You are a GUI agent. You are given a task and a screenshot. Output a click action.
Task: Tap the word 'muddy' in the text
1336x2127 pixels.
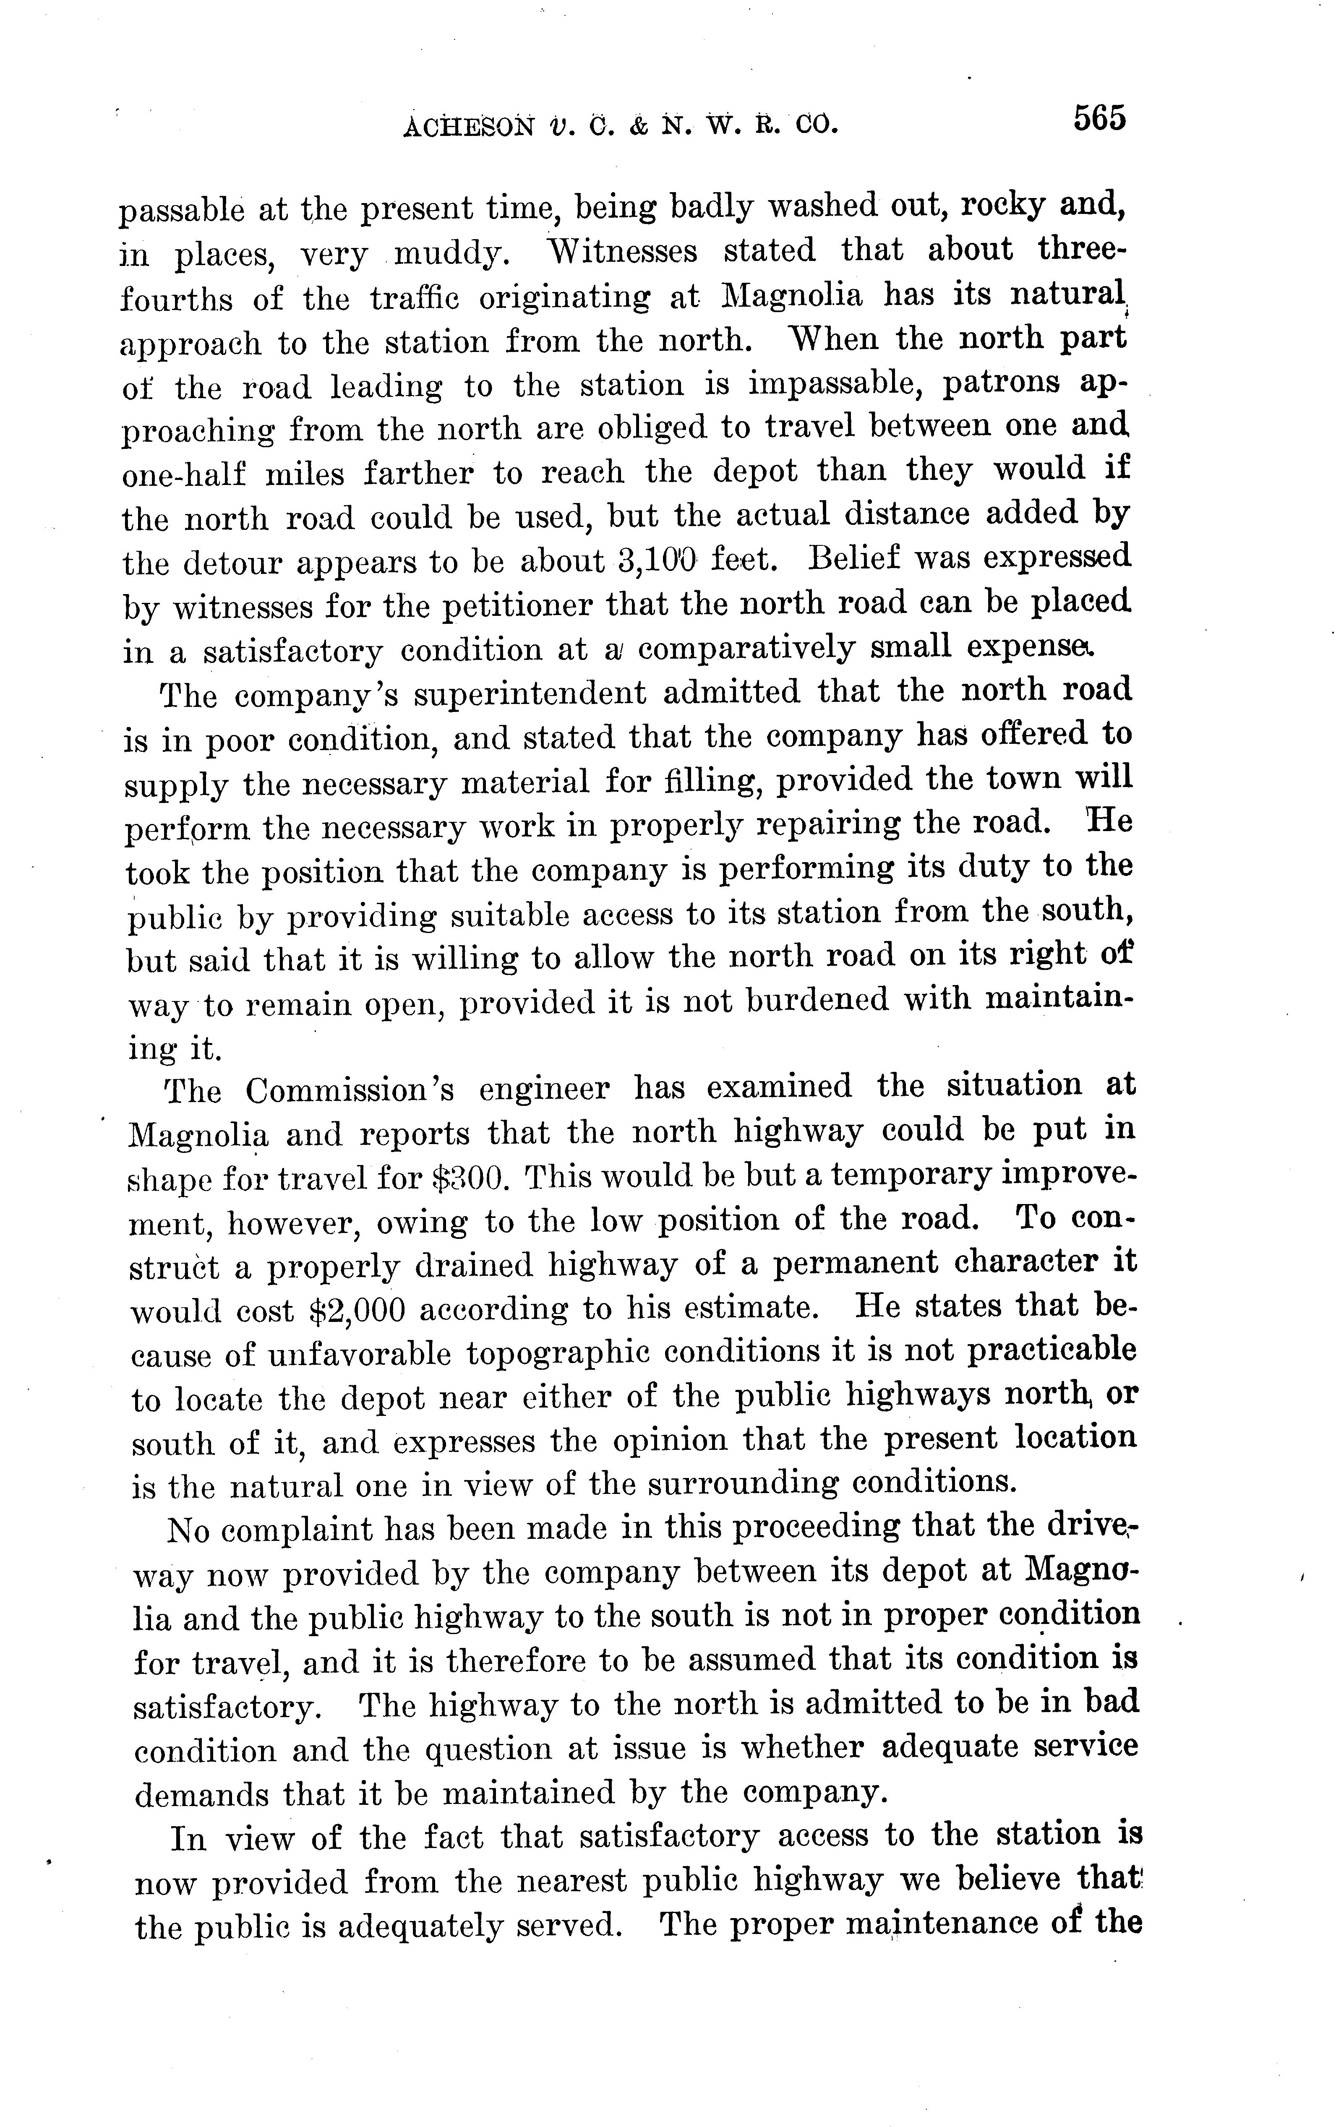450,254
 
